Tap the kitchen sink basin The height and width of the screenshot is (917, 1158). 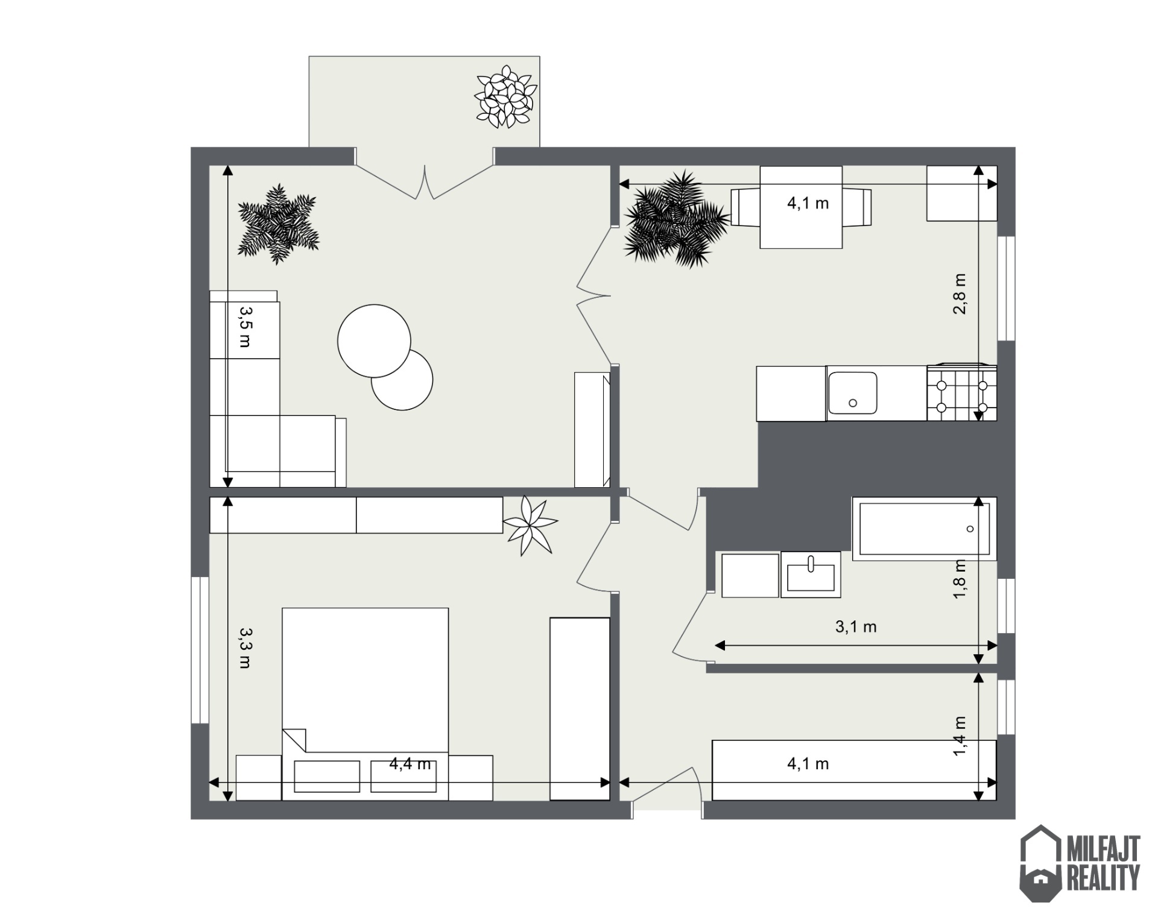pos(852,393)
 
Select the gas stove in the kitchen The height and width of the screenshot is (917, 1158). pos(961,392)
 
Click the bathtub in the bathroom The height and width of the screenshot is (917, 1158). pos(924,529)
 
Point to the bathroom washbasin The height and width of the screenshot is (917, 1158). pos(811,575)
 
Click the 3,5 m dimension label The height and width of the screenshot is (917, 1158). pos(245,327)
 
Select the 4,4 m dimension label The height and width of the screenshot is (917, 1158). pos(410,764)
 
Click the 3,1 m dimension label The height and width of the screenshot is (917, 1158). pos(856,626)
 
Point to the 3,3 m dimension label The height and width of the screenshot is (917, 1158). pos(245,648)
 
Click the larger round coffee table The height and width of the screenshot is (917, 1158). pos(374,341)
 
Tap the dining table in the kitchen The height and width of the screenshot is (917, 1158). pos(801,207)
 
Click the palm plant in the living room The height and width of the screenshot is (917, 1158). pos(278,224)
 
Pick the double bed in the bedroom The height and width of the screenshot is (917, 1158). pos(365,704)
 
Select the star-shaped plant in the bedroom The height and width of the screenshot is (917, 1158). pos(529,525)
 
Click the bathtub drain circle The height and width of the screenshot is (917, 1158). pos(970,529)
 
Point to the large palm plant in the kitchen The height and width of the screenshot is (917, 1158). pos(676,219)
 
